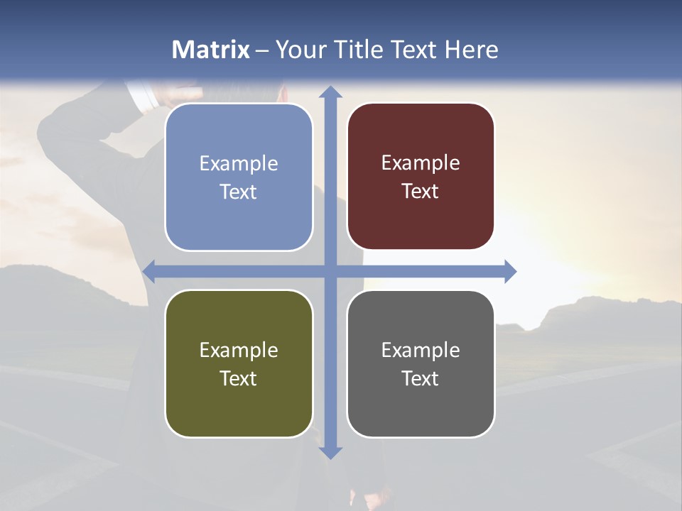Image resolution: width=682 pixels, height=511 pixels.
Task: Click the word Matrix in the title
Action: click(211, 50)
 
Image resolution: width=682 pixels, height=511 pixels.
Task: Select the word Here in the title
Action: click(471, 50)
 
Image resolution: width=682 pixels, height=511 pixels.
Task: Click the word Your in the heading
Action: click(302, 50)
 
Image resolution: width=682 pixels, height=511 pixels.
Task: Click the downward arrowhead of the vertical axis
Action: click(330, 452)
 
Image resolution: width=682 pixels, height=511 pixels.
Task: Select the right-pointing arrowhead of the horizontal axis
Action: click(510, 271)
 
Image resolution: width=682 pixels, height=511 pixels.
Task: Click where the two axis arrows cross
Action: click(330, 271)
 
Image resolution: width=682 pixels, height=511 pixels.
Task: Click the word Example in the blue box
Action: click(239, 164)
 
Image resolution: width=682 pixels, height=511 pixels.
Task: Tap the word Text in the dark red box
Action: click(421, 192)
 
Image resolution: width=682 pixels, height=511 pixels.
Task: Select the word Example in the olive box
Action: click(239, 350)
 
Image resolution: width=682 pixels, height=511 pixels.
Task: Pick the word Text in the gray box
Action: click(421, 378)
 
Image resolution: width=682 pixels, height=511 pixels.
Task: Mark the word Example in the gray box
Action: click(421, 350)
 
